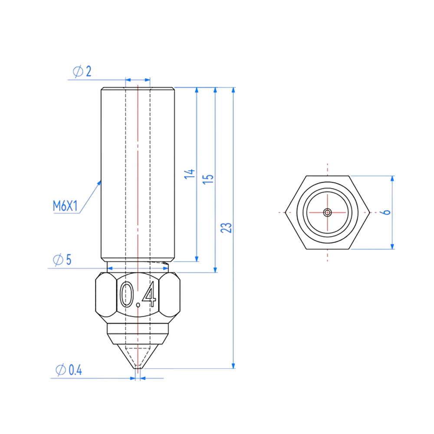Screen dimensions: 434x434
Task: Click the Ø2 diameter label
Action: [82, 72]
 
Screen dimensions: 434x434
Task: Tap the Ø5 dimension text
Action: [62, 260]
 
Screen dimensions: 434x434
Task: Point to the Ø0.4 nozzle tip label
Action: [69, 370]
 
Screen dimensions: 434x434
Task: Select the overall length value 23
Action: [227, 228]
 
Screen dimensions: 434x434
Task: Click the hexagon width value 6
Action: [388, 212]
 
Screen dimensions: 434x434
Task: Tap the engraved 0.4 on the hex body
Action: [137, 294]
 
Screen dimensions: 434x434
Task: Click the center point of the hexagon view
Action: [328, 212]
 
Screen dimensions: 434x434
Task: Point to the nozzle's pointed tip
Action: [138, 369]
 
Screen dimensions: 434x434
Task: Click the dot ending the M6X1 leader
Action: [99, 183]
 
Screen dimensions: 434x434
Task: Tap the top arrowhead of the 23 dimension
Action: [233, 90]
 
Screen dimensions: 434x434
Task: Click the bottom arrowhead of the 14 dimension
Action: [197, 259]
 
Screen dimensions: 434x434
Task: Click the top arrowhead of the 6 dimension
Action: [392, 178]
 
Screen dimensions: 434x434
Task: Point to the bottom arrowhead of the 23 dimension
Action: [233, 365]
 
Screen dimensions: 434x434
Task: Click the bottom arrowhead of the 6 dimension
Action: [392, 246]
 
